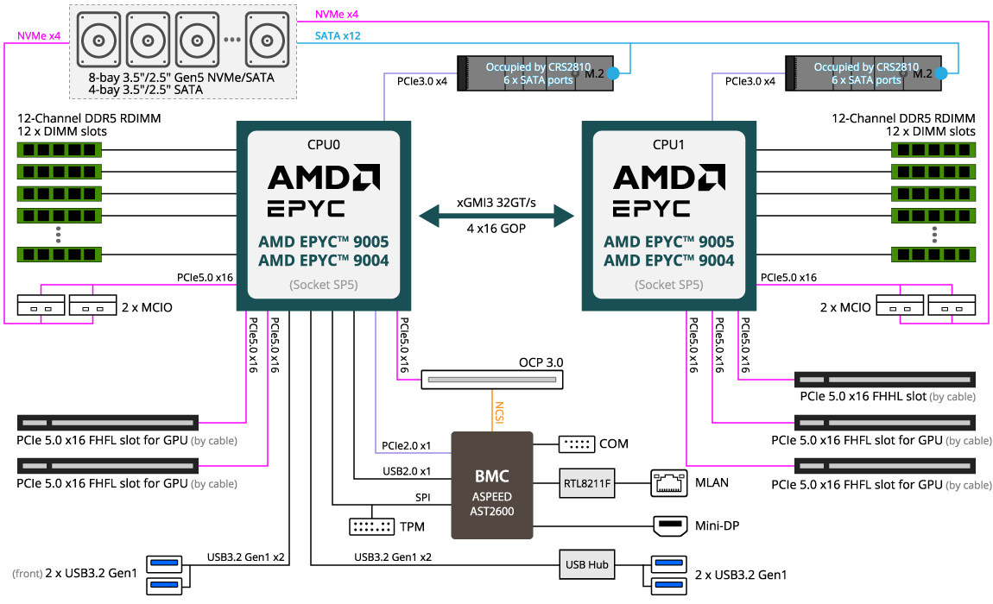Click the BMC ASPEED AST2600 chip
[x=492, y=485]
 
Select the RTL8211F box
[x=587, y=484]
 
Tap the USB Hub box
[x=587, y=564]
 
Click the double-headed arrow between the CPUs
[x=496, y=216]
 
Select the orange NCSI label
[x=499, y=412]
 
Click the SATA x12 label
[x=338, y=35]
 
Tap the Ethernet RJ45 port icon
[x=669, y=482]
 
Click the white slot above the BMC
[x=491, y=380]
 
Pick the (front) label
[x=28, y=573]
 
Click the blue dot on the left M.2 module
[x=613, y=74]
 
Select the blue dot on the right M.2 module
[x=941, y=74]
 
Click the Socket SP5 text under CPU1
[x=668, y=285]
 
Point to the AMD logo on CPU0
[x=324, y=178]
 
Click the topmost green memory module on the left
[x=60, y=150]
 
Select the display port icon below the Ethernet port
[x=669, y=525]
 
